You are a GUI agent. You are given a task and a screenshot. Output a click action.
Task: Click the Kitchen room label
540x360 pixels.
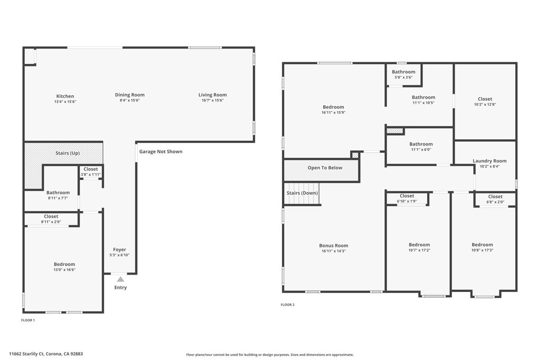65,96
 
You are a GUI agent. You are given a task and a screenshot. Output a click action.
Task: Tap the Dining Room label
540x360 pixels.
130,95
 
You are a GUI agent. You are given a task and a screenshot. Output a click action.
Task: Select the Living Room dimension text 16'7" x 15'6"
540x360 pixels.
213,101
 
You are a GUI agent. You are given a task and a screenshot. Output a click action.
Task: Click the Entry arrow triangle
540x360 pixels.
120,279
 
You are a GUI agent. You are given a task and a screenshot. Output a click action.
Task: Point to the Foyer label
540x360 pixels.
120,250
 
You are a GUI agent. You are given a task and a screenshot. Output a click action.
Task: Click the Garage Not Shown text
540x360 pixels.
161,152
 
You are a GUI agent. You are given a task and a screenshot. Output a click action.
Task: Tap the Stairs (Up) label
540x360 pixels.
67,153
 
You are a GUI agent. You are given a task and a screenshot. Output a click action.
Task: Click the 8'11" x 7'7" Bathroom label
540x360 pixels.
58,193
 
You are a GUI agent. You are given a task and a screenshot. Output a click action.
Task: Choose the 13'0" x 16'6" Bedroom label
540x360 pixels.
64,265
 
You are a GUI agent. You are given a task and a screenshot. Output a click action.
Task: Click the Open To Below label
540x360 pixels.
325,168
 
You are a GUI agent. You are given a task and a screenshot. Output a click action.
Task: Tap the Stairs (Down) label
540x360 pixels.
303,193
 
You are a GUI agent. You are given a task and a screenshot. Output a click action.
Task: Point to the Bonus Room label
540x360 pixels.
334,246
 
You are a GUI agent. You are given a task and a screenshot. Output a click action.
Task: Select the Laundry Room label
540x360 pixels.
489,161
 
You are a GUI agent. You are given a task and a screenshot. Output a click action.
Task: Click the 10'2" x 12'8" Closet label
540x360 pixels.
485,99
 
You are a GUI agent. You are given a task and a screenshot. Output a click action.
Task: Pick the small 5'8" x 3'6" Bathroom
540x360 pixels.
403,72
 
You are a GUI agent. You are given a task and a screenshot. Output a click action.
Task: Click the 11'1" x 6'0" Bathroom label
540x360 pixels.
421,144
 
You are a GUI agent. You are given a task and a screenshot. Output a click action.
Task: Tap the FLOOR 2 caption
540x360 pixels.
287,305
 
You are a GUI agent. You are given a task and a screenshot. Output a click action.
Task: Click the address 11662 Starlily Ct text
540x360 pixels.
46,354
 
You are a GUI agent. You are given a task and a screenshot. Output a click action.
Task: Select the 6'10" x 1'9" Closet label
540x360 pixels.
407,196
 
